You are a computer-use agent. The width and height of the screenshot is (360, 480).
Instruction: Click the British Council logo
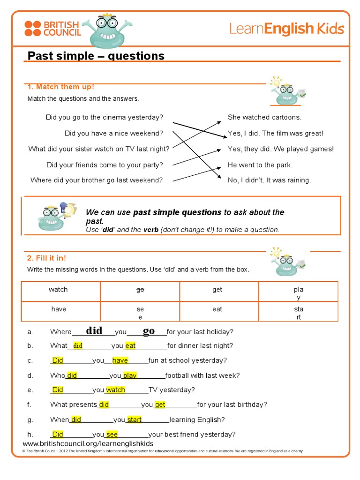tap(53, 28)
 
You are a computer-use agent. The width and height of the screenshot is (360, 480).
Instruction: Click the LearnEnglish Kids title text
tap(286, 29)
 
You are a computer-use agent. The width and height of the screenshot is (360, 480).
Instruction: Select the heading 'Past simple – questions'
tap(96, 56)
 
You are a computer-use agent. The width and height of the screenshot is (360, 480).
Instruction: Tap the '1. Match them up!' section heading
tap(61, 87)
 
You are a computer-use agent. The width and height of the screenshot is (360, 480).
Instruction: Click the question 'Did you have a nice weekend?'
tap(114, 133)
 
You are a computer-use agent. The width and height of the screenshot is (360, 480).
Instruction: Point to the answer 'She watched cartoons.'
tap(264, 117)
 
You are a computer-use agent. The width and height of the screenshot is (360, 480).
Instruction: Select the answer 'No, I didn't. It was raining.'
tap(269, 180)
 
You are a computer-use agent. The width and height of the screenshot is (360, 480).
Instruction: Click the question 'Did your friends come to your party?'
tap(105, 165)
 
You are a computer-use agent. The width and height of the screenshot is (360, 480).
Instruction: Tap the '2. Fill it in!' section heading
tap(47, 258)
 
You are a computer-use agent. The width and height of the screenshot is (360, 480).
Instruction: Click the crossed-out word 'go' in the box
tap(140, 290)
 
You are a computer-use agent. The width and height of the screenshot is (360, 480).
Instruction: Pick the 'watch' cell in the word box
tap(58, 290)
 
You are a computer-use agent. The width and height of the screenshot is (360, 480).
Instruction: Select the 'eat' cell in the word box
tap(217, 309)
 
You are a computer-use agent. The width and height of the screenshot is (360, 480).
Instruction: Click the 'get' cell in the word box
tap(217, 290)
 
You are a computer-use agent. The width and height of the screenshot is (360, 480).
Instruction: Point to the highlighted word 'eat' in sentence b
tap(130, 346)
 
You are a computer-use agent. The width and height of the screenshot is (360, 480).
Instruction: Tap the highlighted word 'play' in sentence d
tap(130, 375)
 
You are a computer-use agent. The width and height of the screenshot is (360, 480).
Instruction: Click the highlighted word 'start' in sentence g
tap(134, 420)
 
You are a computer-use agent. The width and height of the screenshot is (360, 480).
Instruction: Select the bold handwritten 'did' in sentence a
tap(94, 331)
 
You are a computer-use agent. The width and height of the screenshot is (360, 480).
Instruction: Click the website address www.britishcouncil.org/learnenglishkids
tap(88, 443)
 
